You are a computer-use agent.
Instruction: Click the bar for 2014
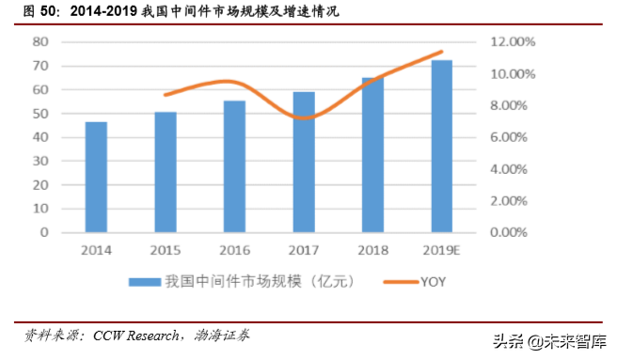click(x=96, y=177)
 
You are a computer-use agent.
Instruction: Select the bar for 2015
click(x=165, y=172)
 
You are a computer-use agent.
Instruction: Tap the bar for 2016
click(x=234, y=166)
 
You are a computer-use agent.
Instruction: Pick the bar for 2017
click(x=303, y=162)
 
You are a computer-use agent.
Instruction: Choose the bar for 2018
click(x=372, y=155)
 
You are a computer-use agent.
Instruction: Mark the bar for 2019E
click(x=441, y=147)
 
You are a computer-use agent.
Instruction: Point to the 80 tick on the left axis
click(x=40, y=42)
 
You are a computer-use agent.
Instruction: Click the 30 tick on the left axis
click(x=40, y=161)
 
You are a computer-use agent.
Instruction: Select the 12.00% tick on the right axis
click(x=511, y=42)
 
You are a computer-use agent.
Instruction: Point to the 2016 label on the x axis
click(x=234, y=250)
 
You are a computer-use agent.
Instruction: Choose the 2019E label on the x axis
click(x=442, y=250)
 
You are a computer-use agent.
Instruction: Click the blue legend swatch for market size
click(x=142, y=280)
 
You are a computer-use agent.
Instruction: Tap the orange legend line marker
click(x=403, y=280)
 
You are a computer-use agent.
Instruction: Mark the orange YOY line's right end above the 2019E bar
click(x=441, y=53)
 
